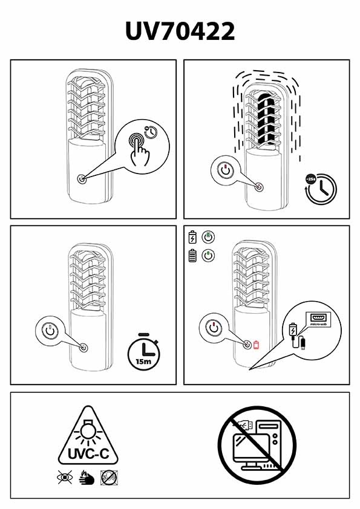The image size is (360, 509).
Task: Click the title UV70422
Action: [180, 31]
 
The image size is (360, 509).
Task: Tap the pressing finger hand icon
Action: [139, 150]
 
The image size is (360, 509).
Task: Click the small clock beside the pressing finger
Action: [151, 132]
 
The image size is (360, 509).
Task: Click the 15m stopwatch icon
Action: [144, 352]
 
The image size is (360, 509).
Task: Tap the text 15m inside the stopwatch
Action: [143, 361]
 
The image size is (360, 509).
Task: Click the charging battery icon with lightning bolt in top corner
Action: [192, 237]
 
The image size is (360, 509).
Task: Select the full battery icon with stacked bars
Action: [192, 256]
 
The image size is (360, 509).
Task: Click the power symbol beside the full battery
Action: [208, 256]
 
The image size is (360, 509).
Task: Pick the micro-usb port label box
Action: [318, 319]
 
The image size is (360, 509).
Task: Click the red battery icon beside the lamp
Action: [256, 345]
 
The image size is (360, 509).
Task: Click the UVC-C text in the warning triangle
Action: [88, 453]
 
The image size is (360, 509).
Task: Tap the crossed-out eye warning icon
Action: [64, 477]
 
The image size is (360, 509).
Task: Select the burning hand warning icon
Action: [87, 477]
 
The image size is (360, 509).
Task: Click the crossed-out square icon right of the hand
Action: [109, 478]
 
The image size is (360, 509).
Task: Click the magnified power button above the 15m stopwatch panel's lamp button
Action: [50, 331]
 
